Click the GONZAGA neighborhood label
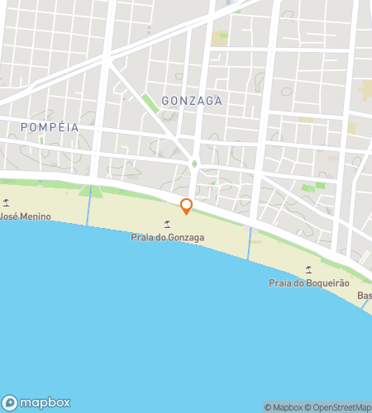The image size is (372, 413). pos(193,100)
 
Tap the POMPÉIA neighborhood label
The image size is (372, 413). pos(49,127)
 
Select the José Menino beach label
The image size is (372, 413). pos(25,216)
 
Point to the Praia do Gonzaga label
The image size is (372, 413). pos(168,238)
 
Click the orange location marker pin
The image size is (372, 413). pos(187,206)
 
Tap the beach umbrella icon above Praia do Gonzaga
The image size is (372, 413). pos(168,224)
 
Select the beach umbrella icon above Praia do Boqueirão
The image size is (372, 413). pos(309,269)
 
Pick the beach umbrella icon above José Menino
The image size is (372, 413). pos(7,202)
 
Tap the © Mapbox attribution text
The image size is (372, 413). pos(284,406)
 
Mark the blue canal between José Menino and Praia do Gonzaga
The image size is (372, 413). pos(88,211)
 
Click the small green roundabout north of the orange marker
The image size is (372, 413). pos(194,164)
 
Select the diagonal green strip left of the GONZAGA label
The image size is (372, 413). pos(150,104)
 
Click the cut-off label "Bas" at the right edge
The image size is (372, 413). pos(364,296)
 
